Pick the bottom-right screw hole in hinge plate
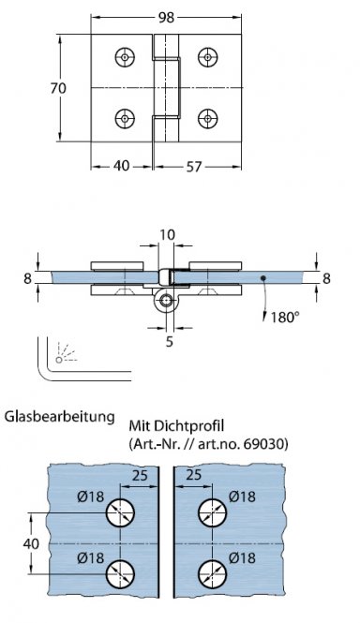coord(206,118)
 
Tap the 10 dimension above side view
coord(168,235)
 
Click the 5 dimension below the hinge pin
coord(168,343)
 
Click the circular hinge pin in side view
coord(167,301)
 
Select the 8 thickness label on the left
coord(28,277)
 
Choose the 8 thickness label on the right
coord(327,277)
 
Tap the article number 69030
coord(263,443)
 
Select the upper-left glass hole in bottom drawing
coord(121,513)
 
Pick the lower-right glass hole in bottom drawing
coord(211,572)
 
